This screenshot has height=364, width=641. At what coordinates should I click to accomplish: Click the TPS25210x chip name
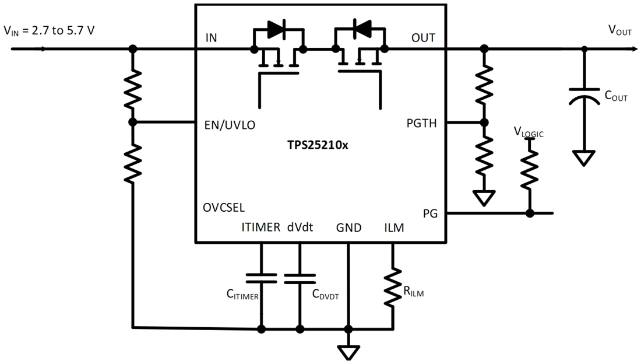tap(319, 145)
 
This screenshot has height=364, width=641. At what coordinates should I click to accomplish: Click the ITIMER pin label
tap(260, 228)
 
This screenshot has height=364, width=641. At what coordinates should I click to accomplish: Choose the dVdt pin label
tap(300, 228)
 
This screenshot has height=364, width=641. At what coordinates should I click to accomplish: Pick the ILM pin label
tap(394, 228)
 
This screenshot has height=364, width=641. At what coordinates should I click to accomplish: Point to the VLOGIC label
tap(529, 132)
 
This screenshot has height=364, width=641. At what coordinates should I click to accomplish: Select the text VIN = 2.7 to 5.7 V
tap(49, 30)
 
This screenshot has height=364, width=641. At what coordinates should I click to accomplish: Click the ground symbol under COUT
tap(584, 158)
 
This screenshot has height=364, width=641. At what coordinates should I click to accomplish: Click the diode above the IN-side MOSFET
tap(277, 30)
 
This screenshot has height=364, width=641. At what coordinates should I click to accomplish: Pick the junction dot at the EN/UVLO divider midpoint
tap(133, 122)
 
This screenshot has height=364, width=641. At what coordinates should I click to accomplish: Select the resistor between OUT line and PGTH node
tap(483, 85)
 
